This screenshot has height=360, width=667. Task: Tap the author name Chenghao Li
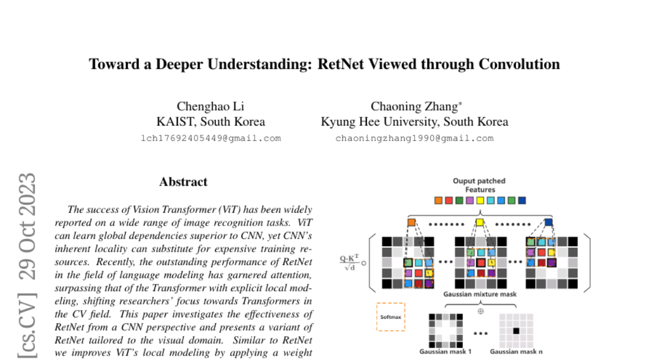pos(210,106)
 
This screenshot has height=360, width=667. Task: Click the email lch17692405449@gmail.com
pos(211,138)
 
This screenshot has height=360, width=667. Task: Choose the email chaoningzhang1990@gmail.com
pos(414,138)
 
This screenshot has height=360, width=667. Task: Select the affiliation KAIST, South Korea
pos(211,122)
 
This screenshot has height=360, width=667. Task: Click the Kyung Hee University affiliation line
pos(414,122)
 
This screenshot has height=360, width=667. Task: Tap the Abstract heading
pos(183,182)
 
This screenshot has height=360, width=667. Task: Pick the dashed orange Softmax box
pos(391,317)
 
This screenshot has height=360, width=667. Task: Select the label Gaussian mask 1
pos(445,351)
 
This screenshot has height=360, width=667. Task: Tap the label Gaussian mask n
pos(516,351)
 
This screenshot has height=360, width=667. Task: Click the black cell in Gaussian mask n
pos(516,331)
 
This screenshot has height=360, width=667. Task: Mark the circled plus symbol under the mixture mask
pos(481,311)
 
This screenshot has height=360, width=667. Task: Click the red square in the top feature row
pos(449,201)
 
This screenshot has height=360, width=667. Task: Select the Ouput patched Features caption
pos(479,185)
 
